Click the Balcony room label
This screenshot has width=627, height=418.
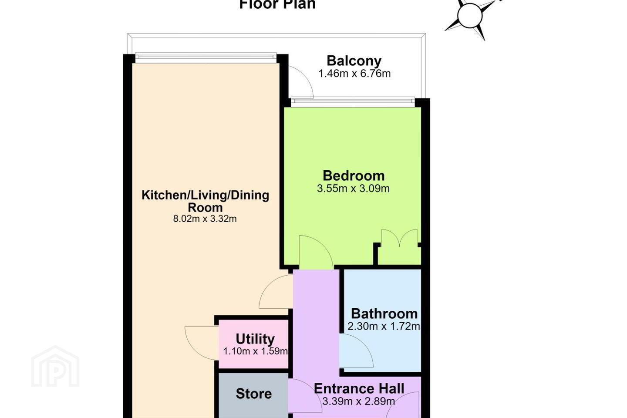(x=354, y=61)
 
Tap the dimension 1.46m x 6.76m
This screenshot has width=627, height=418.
(x=354, y=74)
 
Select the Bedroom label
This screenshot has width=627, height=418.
(x=354, y=176)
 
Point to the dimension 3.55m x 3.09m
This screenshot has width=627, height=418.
(x=353, y=189)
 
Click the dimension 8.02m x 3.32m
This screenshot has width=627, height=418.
(x=205, y=219)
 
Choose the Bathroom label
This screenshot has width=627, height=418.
(x=384, y=313)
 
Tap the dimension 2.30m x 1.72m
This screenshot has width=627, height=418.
(x=384, y=326)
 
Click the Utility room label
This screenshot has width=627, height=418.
(x=255, y=339)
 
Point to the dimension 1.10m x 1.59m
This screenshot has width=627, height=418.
(x=255, y=351)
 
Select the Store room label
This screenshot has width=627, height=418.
(x=253, y=394)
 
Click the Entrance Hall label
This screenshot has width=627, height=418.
(x=359, y=388)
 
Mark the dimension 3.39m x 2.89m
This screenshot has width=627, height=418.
(x=359, y=401)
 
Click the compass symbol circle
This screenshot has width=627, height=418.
(x=470, y=16)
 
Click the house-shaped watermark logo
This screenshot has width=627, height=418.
(x=55, y=366)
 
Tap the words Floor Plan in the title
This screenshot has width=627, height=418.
(x=277, y=4)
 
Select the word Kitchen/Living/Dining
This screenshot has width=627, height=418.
(x=205, y=195)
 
